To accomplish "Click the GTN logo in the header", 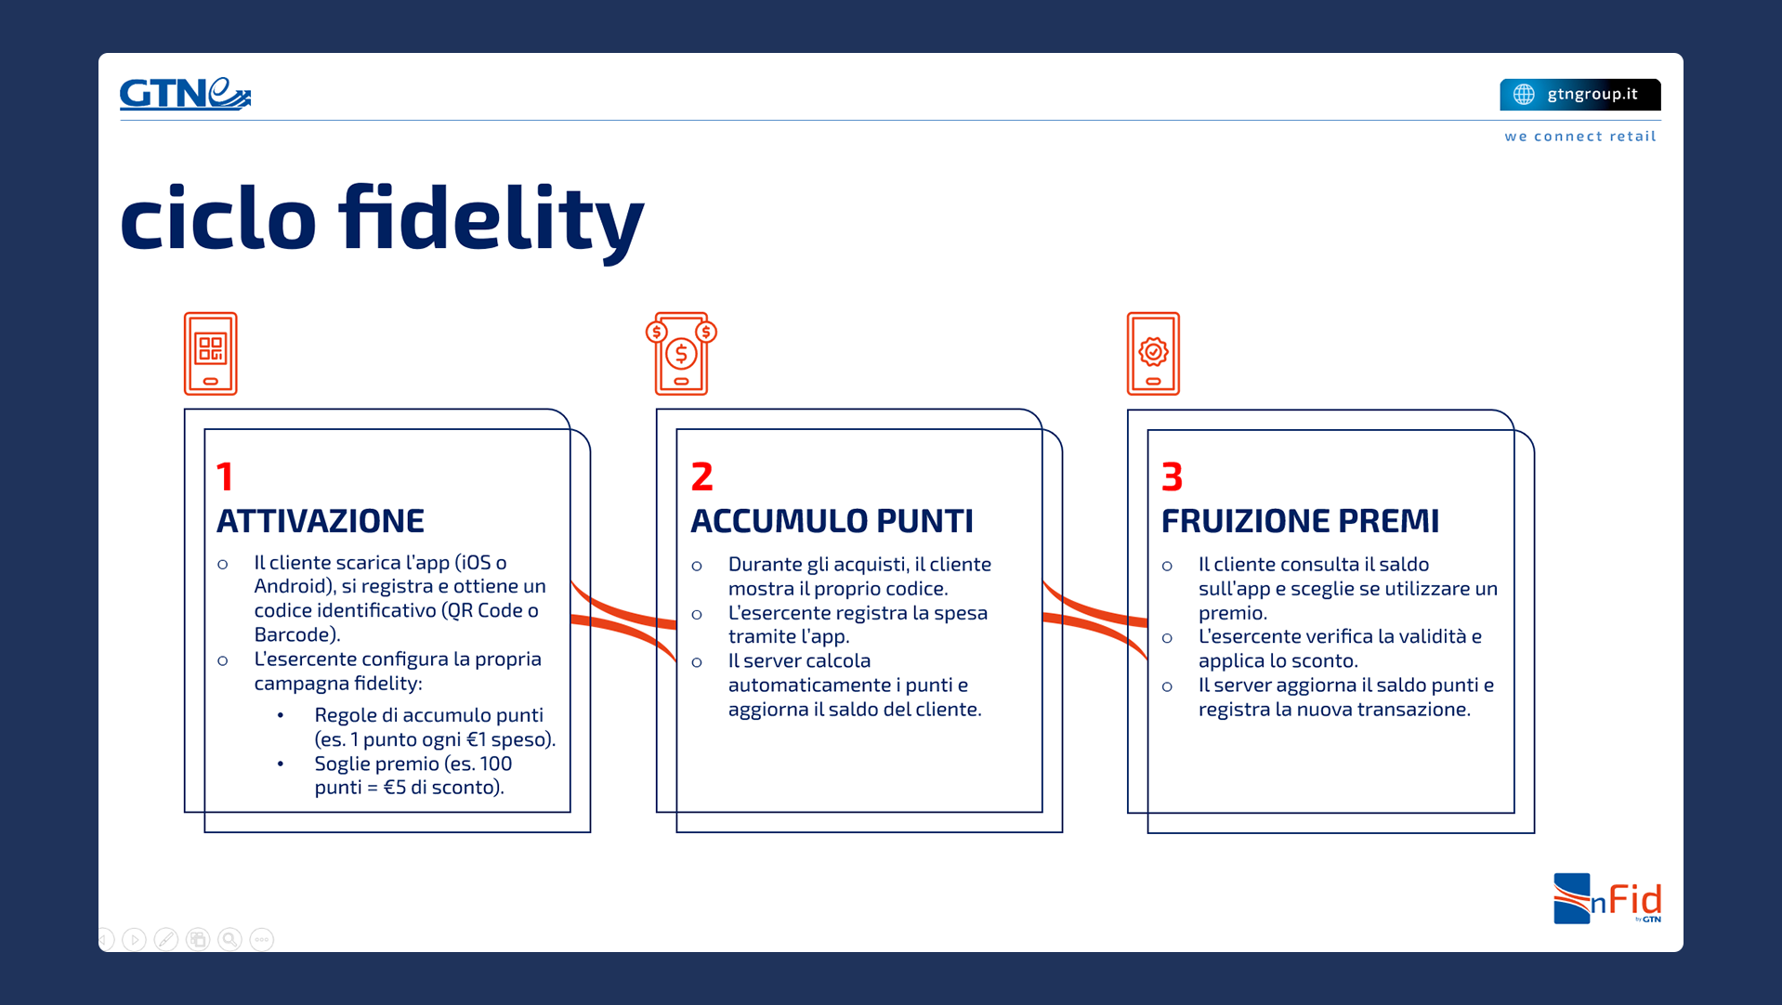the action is [185, 94].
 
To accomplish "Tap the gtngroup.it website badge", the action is [1579, 94].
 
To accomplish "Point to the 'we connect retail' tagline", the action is [1580, 137].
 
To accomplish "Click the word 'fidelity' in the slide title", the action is [491, 219].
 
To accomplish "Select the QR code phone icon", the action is [211, 353].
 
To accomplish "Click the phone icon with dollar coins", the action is [681, 353].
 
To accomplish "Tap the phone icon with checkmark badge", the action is [1153, 353].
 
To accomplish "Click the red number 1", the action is [225, 476].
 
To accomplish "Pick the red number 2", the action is [702, 476].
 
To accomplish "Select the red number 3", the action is [1173, 476].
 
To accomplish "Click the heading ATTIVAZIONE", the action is [321, 521].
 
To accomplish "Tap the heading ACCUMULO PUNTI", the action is [832, 521].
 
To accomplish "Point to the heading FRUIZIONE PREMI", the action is [1300, 521].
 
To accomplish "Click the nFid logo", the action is [1607, 898].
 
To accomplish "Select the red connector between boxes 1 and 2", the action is [623, 620].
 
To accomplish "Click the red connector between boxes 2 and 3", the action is [1095, 620].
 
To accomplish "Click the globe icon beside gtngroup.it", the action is [1524, 94].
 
